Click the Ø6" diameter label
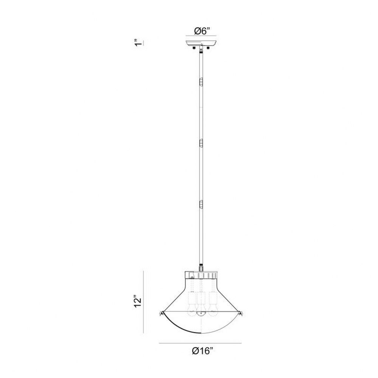[x=202, y=31]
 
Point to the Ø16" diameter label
[x=203, y=351]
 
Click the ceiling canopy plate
[x=201, y=43]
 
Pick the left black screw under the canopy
[x=194, y=48]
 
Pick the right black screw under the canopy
[x=208, y=48]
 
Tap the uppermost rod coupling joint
[x=201, y=82]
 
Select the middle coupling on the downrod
[x=201, y=143]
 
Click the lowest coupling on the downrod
[x=201, y=204]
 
